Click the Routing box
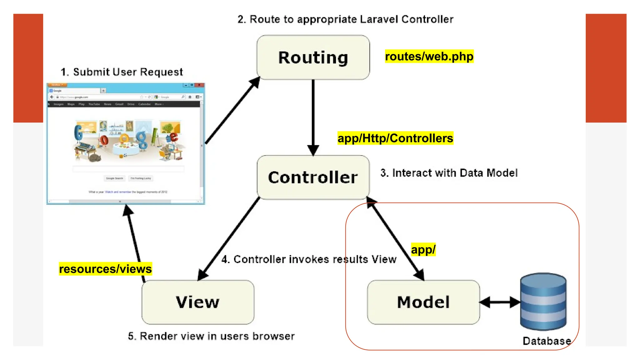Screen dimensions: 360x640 [313, 57]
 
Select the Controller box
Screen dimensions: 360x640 [313, 177]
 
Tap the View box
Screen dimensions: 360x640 [198, 302]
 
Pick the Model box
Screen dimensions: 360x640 [423, 302]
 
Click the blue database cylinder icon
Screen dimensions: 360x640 [543, 302]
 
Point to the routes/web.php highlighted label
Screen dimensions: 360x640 [429, 57]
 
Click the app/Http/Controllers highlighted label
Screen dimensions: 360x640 [395, 138]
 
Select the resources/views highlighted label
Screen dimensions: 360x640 [105, 269]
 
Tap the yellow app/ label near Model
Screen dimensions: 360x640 [423, 249]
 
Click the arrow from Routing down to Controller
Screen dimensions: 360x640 [313, 116]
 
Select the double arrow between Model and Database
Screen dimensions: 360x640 [500, 302]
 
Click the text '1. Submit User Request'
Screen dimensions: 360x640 [122, 72]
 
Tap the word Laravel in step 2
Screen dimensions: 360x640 [379, 19]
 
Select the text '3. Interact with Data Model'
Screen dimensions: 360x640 [449, 173]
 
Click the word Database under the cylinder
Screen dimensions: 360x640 [547, 341]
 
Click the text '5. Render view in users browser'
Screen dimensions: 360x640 [211, 336]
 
